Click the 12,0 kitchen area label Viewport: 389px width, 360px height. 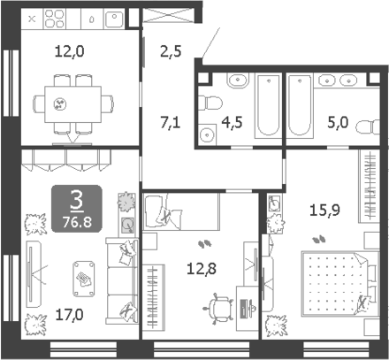coord(70,51)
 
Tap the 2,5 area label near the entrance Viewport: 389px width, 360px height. coord(171,51)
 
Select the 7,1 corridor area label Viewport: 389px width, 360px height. coord(171,122)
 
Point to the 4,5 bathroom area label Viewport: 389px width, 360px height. coord(232,122)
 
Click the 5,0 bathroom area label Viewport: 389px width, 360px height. coord(338,122)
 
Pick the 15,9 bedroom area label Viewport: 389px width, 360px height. coord(324,211)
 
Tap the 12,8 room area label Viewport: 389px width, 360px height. coord(202,269)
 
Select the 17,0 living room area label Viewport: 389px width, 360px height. coord(70,315)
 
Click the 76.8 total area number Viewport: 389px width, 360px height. coord(77,222)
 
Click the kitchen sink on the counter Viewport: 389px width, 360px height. coord(114,19)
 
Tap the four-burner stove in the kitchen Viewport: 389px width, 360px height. coord(55,19)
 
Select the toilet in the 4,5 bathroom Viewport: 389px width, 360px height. coord(210,103)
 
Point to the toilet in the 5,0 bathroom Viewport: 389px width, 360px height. coord(368,127)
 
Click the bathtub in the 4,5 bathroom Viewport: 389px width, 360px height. coord(268,105)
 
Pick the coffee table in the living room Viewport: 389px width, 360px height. coord(84,279)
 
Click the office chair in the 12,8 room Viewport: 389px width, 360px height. coord(218,309)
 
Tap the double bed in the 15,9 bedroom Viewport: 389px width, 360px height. coord(339,284)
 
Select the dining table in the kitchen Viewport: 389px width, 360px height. coord(72,104)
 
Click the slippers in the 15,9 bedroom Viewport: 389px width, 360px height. coord(319,239)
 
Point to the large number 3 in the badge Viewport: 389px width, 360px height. coord(77,200)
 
